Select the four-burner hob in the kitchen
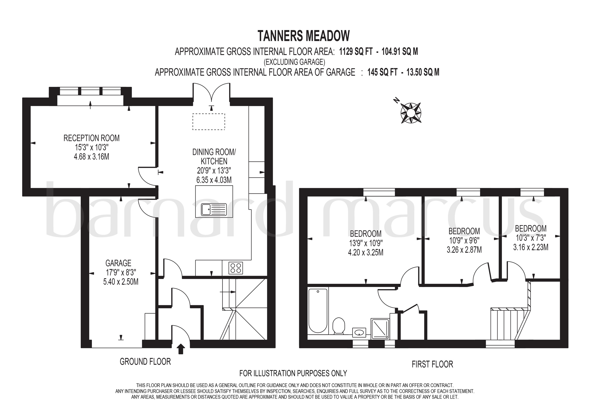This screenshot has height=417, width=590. coord(236,268)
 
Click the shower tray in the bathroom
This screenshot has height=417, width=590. coord(380,328)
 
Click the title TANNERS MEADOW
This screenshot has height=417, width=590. coord(304,36)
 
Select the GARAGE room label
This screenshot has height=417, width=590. coord(118,263)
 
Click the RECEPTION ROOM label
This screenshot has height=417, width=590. coord(91,138)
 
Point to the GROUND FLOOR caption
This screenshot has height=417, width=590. coord(145,362)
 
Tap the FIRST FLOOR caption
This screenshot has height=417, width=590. coord(433,364)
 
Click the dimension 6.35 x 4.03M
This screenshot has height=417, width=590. coord(214,180)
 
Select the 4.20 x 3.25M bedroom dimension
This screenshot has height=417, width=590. coord(366,253)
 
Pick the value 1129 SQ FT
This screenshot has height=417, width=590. coord(356,52)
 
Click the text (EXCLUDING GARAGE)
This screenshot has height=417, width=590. coord(295,62)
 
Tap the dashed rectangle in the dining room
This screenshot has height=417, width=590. coord(209,121)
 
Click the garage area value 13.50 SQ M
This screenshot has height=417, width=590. coord(423,72)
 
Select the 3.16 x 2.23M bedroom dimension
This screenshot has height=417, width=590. coord(531,247)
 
